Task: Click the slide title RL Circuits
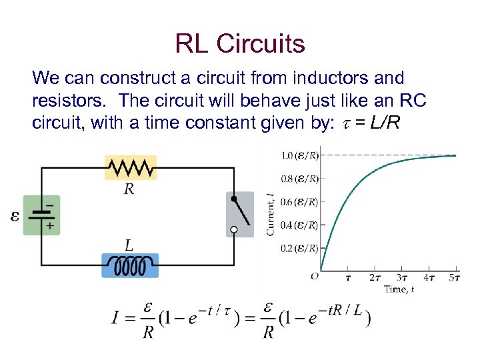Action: coord(240,44)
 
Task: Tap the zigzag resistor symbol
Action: coord(131,167)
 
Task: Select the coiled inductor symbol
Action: coord(130,266)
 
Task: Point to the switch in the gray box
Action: coord(240,214)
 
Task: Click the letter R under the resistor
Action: coord(130,189)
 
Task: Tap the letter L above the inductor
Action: coord(130,244)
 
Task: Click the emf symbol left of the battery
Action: coord(15,216)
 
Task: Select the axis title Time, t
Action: coord(399,289)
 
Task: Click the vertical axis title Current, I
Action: coord(271,213)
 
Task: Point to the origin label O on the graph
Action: coord(314,276)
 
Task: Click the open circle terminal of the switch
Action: coord(233,230)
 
